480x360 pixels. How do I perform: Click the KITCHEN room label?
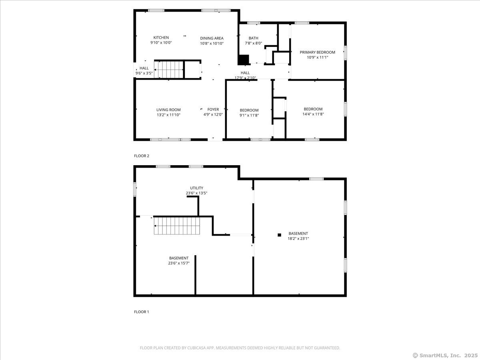(x=161, y=38)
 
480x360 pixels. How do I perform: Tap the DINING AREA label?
(x=212, y=38)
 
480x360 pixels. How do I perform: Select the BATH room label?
(x=254, y=38)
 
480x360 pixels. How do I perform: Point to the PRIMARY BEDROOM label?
(x=317, y=52)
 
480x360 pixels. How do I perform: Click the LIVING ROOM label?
(x=168, y=110)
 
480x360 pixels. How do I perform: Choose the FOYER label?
(x=213, y=109)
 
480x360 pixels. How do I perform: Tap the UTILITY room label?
(x=196, y=188)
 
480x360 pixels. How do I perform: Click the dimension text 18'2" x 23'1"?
(x=298, y=238)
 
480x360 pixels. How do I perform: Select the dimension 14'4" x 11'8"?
(x=313, y=114)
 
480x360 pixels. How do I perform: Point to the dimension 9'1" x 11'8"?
(x=249, y=115)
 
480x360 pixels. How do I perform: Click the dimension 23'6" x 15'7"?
(x=179, y=263)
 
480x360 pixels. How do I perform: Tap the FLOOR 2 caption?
(x=142, y=156)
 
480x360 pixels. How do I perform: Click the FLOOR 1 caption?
(x=142, y=312)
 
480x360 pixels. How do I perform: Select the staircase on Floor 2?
(x=169, y=70)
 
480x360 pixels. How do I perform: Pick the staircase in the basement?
(x=177, y=226)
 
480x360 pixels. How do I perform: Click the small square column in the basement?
(x=279, y=235)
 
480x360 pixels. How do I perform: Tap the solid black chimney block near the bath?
(x=243, y=60)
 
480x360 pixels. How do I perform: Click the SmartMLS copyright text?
(x=445, y=355)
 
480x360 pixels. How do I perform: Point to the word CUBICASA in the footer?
(x=196, y=348)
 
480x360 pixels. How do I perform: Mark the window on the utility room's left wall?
(x=135, y=189)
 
